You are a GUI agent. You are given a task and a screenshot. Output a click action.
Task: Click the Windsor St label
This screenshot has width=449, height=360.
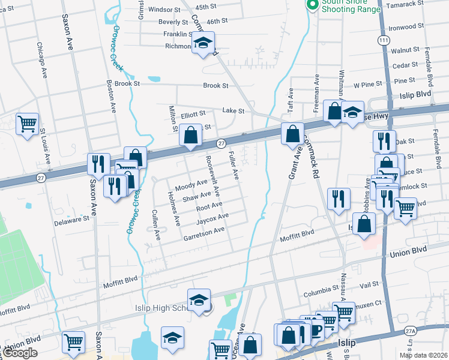(164, 10)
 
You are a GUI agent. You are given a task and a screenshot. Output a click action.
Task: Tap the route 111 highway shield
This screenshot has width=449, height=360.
(383, 39)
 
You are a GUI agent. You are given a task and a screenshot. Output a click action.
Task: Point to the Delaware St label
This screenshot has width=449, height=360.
(73, 220)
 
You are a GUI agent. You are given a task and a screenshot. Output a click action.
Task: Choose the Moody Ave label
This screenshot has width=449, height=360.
(190, 182)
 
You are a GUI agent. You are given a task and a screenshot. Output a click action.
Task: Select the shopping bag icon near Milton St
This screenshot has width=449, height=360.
(190, 136)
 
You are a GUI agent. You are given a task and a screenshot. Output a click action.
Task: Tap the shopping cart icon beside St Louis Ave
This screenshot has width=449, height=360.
(27, 124)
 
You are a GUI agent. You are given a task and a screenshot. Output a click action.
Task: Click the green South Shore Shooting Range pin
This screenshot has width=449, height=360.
(312, 5)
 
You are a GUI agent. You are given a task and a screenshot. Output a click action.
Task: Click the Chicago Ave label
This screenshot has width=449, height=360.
(41, 60)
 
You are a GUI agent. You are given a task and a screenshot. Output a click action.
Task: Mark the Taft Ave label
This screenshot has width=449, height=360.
(291, 98)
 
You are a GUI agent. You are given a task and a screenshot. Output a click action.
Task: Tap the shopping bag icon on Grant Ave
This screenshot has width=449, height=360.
(292, 134)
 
